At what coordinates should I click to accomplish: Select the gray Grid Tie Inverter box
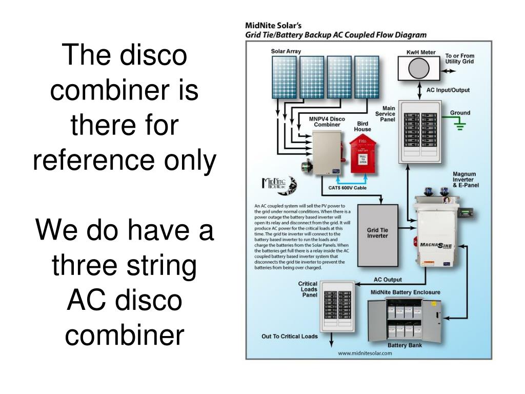pyautogui.click(x=378, y=235)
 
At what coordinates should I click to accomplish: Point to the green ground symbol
pyautogui.click(x=460, y=125)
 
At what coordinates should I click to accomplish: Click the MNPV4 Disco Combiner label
pyautogui.click(x=327, y=122)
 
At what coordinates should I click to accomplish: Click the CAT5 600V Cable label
pyautogui.click(x=347, y=187)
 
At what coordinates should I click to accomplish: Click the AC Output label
pyautogui.click(x=388, y=280)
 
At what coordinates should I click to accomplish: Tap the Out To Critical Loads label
pyautogui.click(x=290, y=337)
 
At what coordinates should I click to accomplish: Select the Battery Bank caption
pyautogui.click(x=404, y=345)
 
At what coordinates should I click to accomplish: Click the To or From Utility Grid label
pyautogui.click(x=460, y=58)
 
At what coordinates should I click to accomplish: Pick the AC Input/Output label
pyautogui.click(x=448, y=90)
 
